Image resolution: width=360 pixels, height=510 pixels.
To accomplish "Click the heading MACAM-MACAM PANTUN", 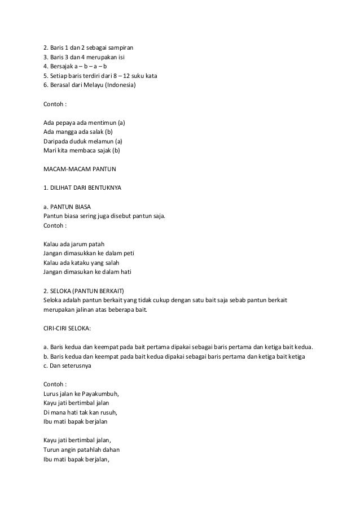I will pos(78,169).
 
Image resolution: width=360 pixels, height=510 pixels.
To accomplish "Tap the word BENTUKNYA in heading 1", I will pos(103,188).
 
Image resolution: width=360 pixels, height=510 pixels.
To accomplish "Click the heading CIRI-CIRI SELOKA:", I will pos(69,328).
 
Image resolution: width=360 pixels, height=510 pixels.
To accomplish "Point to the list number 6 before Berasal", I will pos(45,85).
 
